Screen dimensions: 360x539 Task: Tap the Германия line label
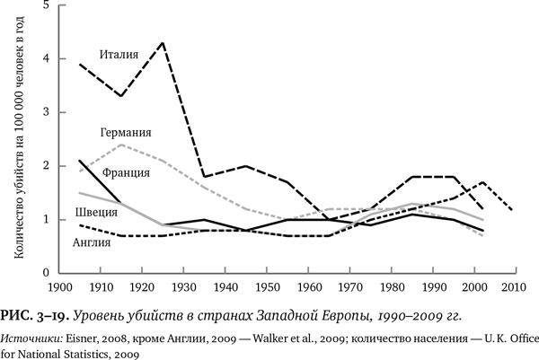coord(123,132)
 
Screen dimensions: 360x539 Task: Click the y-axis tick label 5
coord(47,5)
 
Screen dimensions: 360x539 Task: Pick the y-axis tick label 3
coord(47,112)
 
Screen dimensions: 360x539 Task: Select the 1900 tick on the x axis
coord(59,288)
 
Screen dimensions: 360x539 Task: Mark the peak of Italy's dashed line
coord(162,42)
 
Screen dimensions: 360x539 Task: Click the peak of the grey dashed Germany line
coord(121,145)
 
